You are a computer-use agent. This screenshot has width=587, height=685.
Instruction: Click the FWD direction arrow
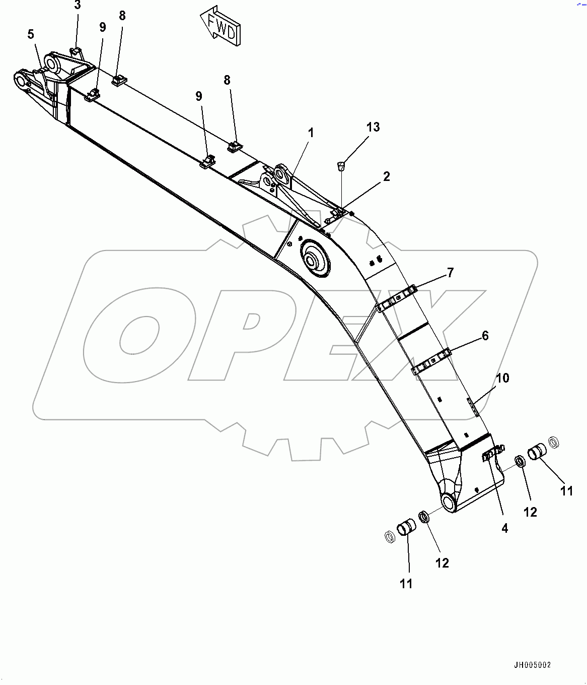[x=220, y=26]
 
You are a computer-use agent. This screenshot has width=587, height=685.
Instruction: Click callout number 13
[x=373, y=127]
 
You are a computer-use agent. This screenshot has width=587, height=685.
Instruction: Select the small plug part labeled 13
[x=341, y=165]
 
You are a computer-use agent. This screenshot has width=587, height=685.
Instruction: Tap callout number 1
[x=311, y=133]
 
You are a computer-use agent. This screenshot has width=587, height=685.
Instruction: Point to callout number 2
[x=387, y=176]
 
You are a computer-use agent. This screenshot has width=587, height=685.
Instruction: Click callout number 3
[x=77, y=6]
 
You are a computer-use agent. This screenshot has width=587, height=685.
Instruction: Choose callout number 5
[x=31, y=34]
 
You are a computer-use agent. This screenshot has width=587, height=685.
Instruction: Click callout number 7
[x=450, y=273]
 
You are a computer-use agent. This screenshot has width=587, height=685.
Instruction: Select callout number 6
[x=485, y=336]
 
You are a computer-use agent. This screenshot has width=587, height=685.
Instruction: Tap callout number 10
[x=502, y=378]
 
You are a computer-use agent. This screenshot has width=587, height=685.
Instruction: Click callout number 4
[x=504, y=528]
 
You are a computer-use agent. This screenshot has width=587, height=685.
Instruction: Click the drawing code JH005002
[x=532, y=665]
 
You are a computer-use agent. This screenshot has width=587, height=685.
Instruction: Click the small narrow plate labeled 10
[x=473, y=407]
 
